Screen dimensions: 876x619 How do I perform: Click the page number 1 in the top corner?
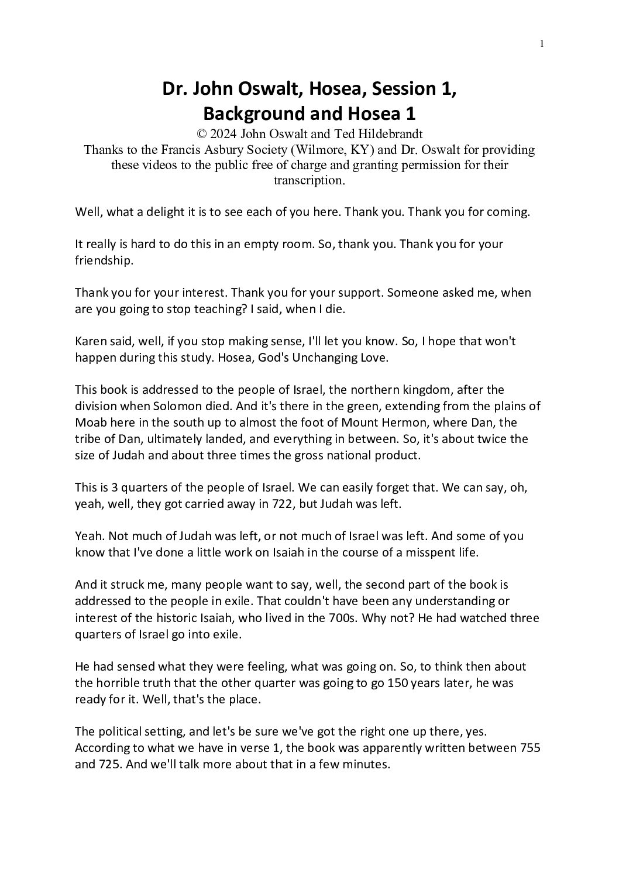click(542, 43)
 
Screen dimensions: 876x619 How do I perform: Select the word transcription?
click(309, 180)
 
